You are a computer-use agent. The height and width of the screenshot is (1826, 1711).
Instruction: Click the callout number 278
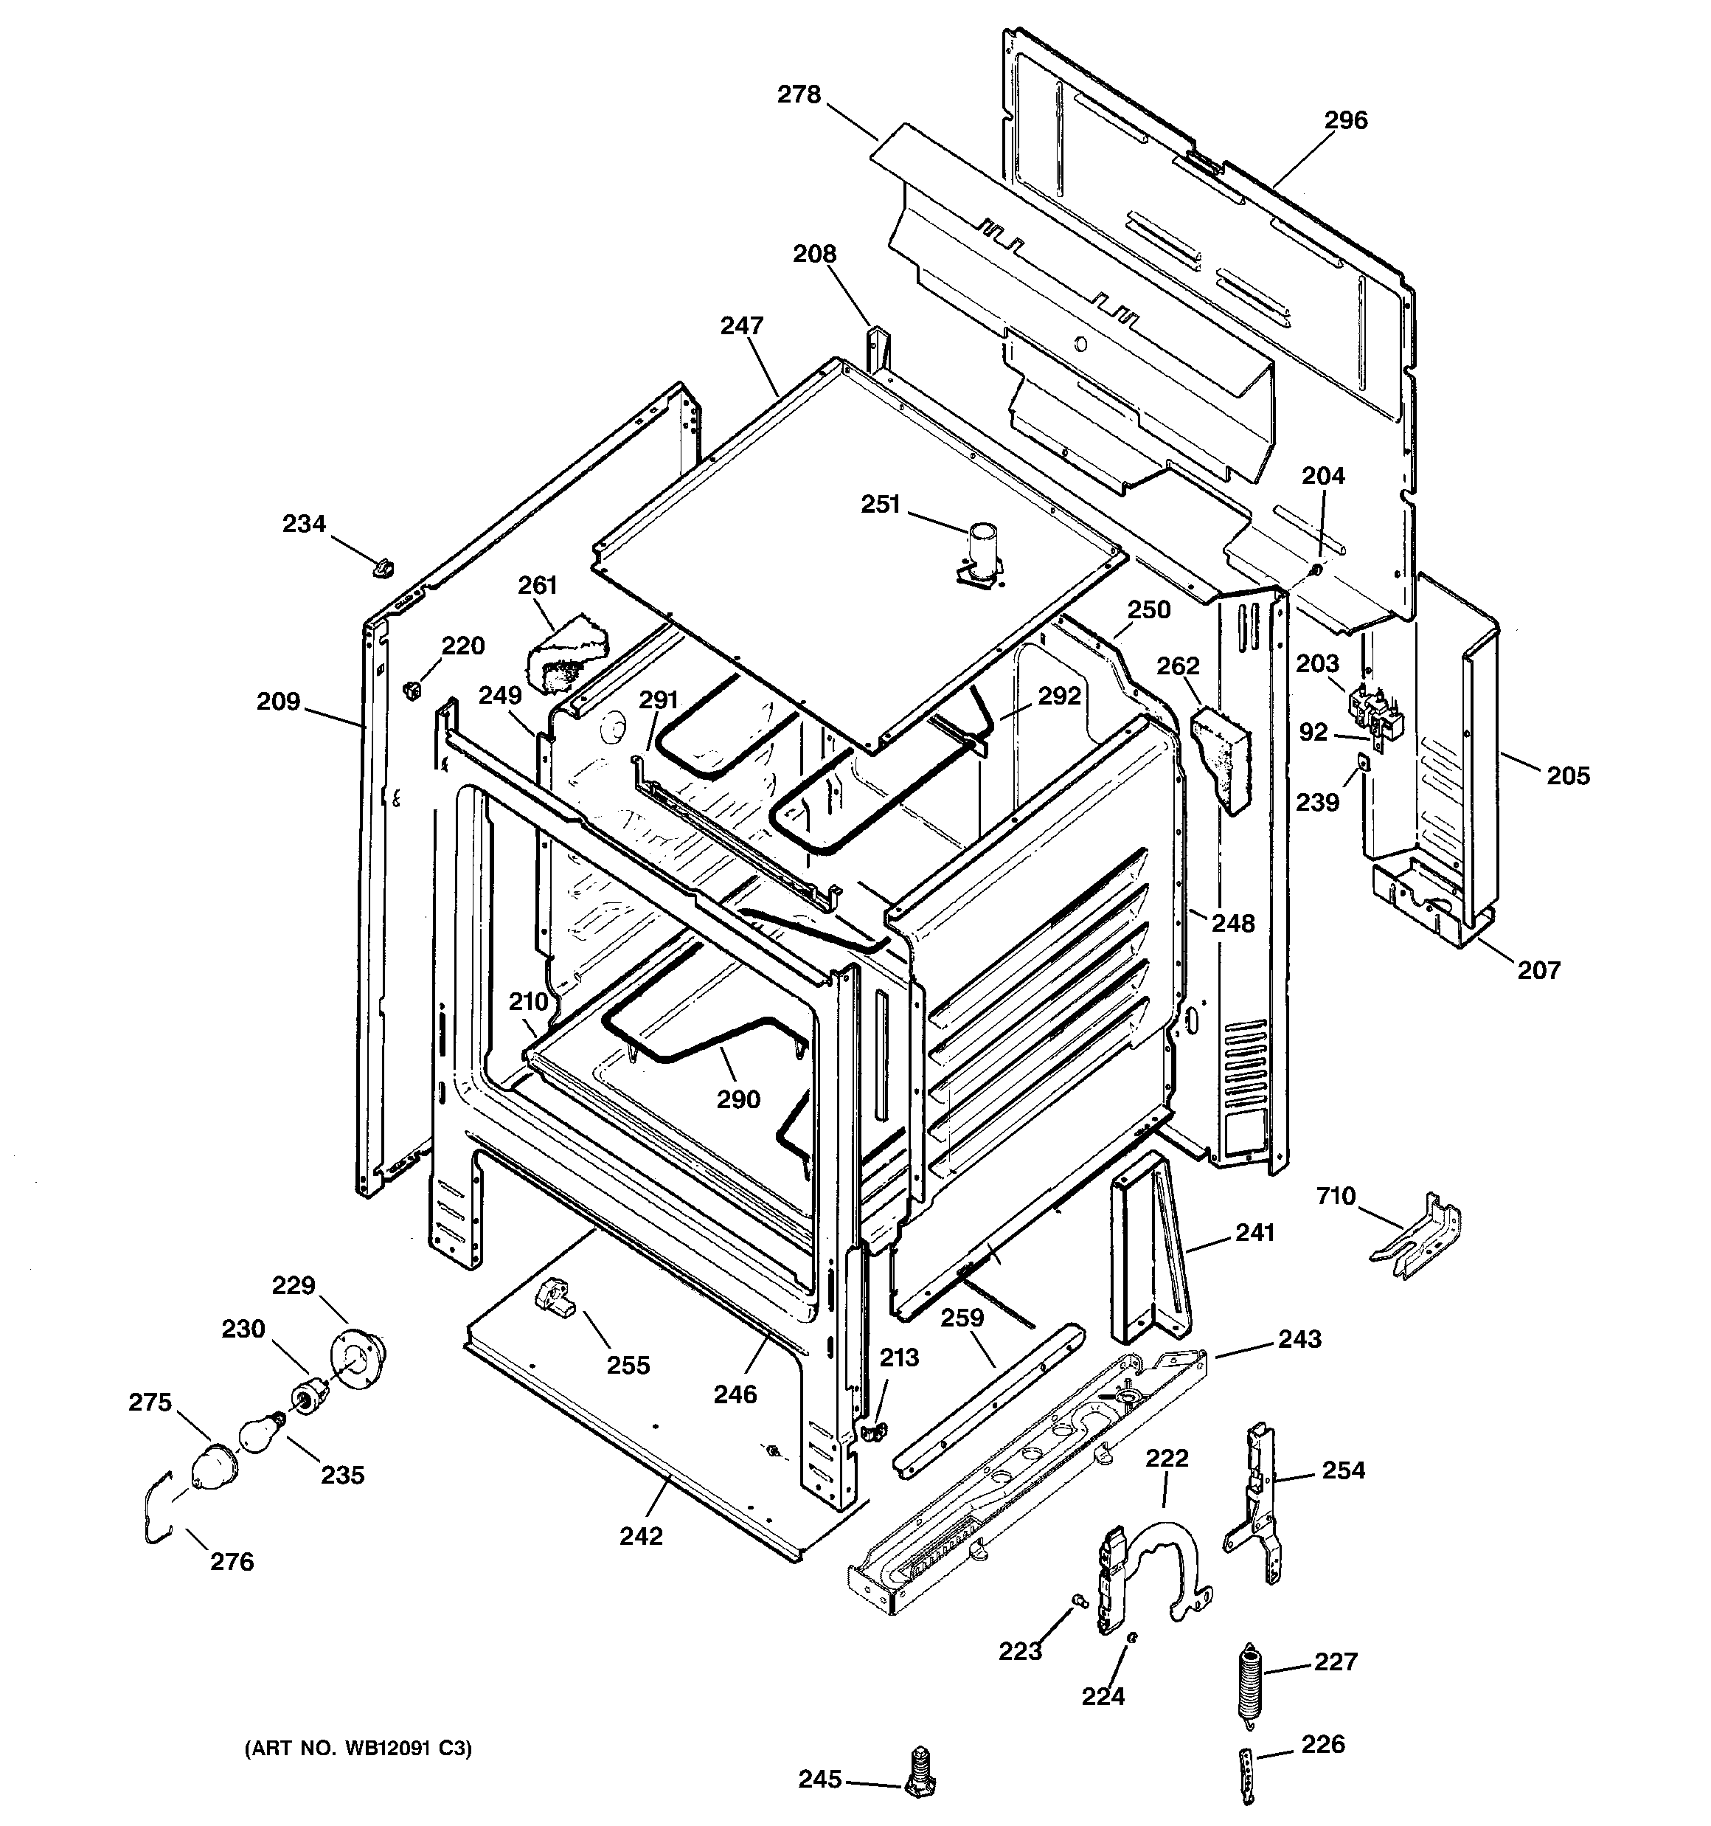pyautogui.click(x=799, y=94)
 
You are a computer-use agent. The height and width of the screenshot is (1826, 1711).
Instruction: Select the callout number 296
pyautogui.click(x=1345, y=120)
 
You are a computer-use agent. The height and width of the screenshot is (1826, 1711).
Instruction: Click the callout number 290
pyautogui.click(x=738, y=1099)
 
